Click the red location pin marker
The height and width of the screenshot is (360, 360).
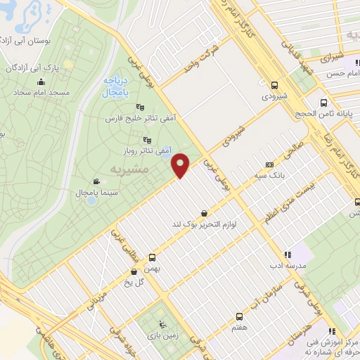point(181,165)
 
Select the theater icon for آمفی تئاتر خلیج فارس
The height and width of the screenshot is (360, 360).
point(139,108)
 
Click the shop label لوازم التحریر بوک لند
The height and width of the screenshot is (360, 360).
point(204,224)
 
